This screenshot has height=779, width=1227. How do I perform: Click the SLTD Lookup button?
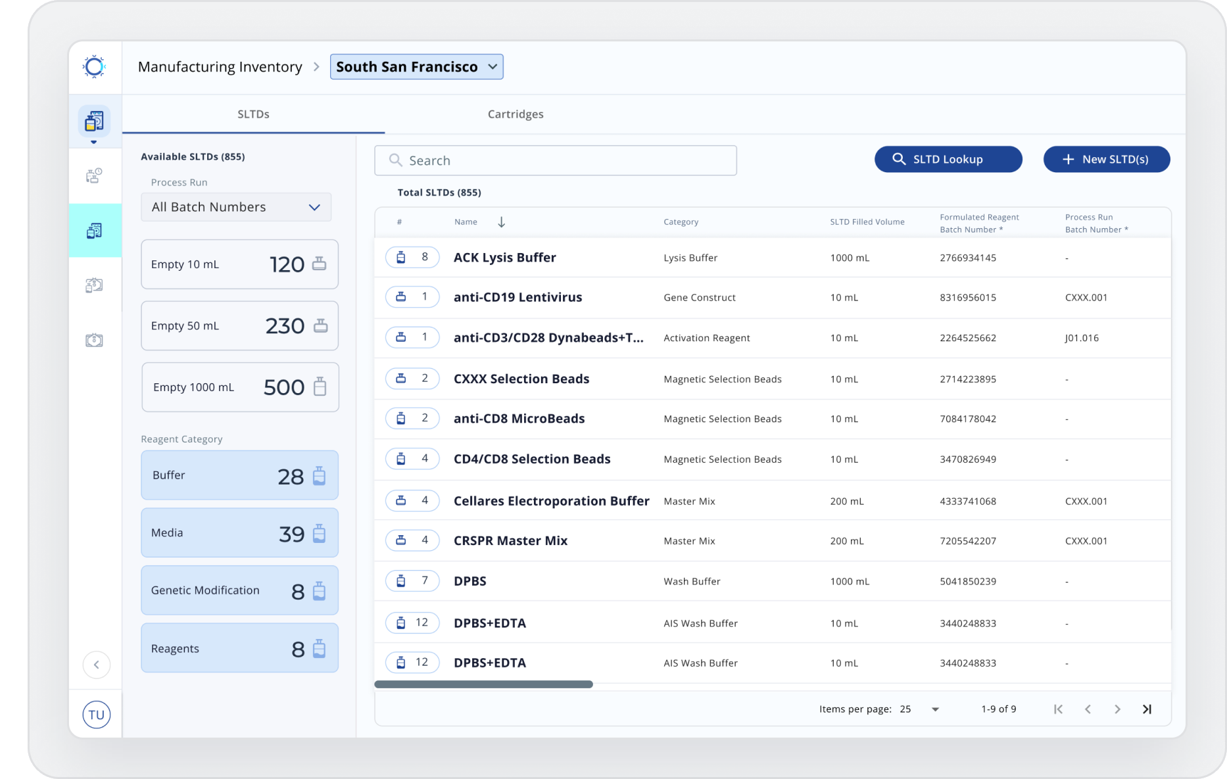click(948, 159)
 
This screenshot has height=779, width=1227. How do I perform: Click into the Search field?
click(556, 160)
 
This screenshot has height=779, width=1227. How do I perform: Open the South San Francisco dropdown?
click(417, 67)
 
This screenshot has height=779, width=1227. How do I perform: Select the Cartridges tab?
click(516, 114)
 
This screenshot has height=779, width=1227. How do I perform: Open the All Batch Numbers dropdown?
click(236, 207)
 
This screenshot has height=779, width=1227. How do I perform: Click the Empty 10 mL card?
click(240, 264)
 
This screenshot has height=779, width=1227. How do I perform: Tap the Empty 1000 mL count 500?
click(284, 387)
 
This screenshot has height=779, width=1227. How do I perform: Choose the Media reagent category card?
click(240, 533)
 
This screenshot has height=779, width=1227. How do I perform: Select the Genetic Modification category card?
click(240, 590)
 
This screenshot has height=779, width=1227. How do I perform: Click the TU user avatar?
click(97, 715)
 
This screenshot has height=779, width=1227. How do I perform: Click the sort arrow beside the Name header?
click(502, 222)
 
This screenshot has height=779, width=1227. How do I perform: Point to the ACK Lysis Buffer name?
click(505, 258)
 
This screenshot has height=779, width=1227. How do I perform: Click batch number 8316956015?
click(968, 298)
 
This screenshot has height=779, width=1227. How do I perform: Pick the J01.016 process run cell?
click(1082, 338)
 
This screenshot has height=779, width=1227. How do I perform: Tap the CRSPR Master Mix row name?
click(511, 541)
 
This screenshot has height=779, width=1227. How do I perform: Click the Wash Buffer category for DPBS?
click(692, 582)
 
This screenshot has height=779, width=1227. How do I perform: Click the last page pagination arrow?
click(1147, 709)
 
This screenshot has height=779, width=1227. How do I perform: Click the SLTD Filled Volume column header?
click(867, 222)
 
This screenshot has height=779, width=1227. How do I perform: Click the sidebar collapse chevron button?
click(97, 665)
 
